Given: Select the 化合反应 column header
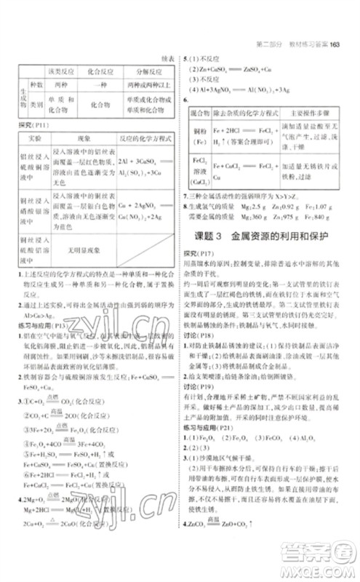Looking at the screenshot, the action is tap(108, 72).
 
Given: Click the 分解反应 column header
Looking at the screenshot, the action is tap(150, 72).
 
